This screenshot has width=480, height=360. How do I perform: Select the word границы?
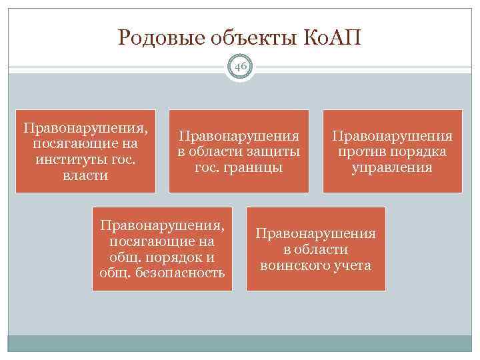click(x=253, y=167)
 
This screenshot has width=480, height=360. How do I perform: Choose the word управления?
click(x=392, y=167)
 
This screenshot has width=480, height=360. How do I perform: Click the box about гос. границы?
click(x=239, y=151)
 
